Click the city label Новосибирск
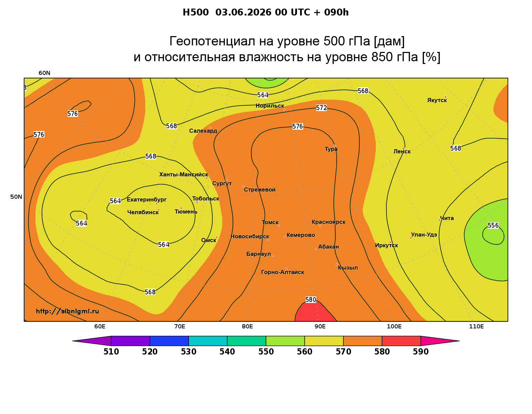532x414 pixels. click(249, 237)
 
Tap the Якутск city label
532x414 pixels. click(437, 100)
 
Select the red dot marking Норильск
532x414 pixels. click(284, 110)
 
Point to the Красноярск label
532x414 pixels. click(328, 222)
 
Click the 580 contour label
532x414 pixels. click(311, 299)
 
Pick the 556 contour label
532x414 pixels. click(493, 225)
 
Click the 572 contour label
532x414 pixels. click(321, 108)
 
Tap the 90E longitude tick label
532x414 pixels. click(320, 326)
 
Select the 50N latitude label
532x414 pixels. click(16, 197)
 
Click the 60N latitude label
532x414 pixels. click(44, 73)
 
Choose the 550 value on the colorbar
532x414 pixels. click(266, 352)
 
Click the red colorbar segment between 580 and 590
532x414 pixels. click(401, 341)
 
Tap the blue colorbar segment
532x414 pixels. click(169, 341)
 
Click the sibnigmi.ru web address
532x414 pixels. click(67, 311)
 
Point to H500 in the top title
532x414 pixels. click(195, 12)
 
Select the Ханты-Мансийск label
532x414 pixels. click(183, 174)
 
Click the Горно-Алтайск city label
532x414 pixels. click(283, 272)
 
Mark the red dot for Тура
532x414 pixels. click(334, 146)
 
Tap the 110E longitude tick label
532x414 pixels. click(476, 326)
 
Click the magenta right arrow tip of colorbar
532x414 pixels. click(459, 341)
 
